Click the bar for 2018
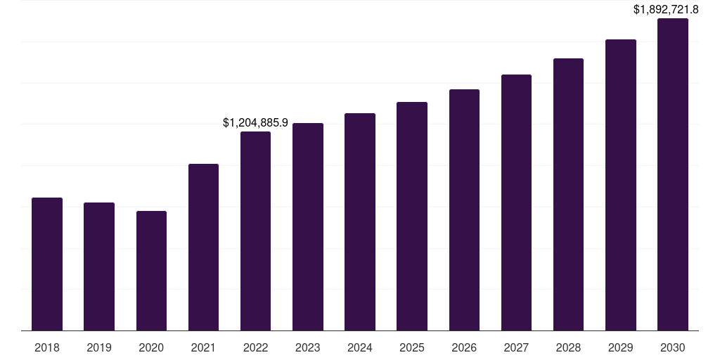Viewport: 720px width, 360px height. click(47, 264)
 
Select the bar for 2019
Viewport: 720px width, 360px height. click(99, 266)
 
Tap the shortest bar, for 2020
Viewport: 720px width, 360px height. click(151, 271)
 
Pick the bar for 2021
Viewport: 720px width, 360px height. click(203, 247)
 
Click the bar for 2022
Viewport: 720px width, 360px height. click(255, 231)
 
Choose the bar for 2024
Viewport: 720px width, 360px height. click(360, 221)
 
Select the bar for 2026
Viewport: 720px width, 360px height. click(464, 210)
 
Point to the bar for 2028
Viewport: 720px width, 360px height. click(568, 194)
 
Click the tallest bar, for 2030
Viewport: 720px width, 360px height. click(672, 174)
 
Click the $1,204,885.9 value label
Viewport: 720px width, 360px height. click(255, 122)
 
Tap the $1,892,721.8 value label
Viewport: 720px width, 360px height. click(665, 9)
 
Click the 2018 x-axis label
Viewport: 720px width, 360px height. click(47, 347)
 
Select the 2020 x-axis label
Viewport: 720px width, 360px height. click(151, 347)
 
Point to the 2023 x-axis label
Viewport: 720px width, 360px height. click(307, 347)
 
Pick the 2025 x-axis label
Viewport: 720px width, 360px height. click(412, 347)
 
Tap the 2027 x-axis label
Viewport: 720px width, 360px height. click(516, 347)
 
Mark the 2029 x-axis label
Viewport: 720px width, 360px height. click(620, 347)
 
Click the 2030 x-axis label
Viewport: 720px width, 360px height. click(672, 347)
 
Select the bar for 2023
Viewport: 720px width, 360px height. click(307, 226)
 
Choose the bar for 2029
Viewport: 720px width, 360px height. click(620, 185)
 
